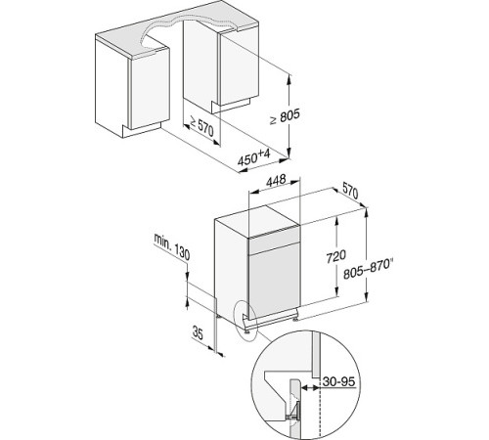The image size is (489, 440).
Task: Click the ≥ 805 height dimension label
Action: pyautogui.click(x=285, y=116)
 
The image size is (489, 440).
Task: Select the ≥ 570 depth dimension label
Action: pyautogui.click(x=201, y=126)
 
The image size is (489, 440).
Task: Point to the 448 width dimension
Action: pyautogui.click(x=276, y=181)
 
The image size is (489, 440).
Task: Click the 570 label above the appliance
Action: pyautogui.click(x=350, y=191)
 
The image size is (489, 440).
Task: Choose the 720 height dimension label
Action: pyautogui.click(x=336, y=256)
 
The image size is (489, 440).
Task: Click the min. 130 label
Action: pyautogui.click(x=172, y=246)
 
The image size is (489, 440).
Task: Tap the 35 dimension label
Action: pyautogui.click(x=198, y=332)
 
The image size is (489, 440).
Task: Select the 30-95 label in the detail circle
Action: pyautogui.click(x=339, y=381)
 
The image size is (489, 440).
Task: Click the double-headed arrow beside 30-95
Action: pyautogui.click(x=310, y=388)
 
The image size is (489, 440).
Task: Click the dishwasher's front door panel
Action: pyautogui.click(x=275, y=281)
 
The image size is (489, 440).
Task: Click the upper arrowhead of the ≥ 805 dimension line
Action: pyautogui.click(x=289, y=79)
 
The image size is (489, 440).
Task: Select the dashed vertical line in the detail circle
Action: pyautogui.click(x=321, y=412)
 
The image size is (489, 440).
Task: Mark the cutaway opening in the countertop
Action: pyautogui.click(x=188, y=32)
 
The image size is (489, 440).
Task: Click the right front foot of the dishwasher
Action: pyautogui.click(x=295, y=320)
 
